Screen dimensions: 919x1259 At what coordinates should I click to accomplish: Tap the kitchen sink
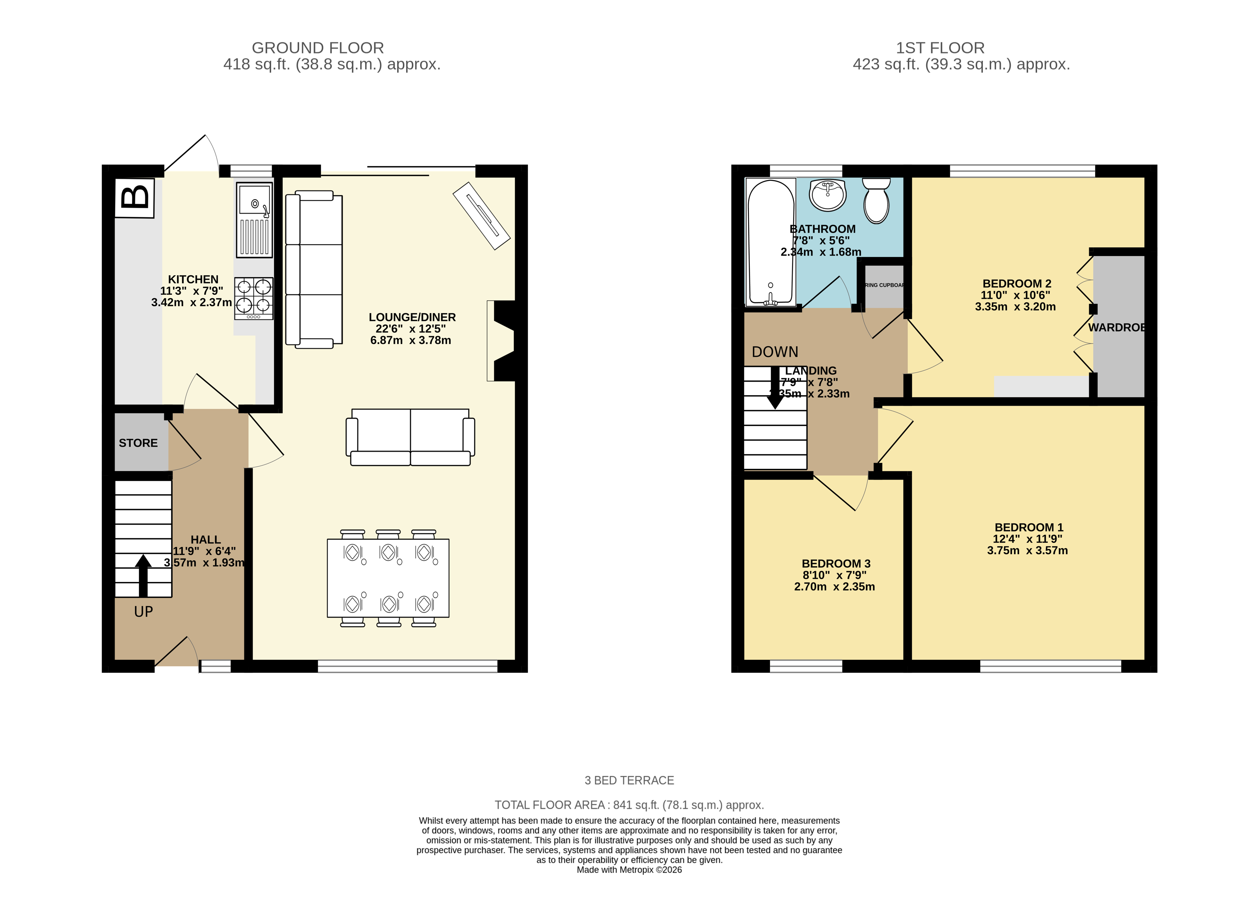pyautogui.click(x=254, y=220)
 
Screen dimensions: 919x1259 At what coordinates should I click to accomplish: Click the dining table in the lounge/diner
pyautogui.click(x=388, y=578)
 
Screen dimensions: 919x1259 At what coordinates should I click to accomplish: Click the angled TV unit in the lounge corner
pyautogui.click(x=481, y=216)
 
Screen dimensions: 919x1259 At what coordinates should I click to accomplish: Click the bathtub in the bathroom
pyautogui.click(x=771, y=242)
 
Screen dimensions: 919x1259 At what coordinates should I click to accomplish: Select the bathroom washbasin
pyautogui.click(x=828, y=195)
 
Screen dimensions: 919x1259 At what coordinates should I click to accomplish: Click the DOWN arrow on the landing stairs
pyautogui.click(x=775, y=389)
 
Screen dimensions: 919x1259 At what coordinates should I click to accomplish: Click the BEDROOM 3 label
pyautogui.click(x=836, y=564)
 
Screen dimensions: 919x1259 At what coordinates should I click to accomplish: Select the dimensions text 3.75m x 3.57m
pyautogui.click(x=1027, y=550)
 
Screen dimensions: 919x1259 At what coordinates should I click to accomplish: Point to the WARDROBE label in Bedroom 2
pyautogui.click(x=1115, y=328)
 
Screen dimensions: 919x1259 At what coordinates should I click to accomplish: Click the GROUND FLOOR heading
pyautogui.click(x=318, y=48)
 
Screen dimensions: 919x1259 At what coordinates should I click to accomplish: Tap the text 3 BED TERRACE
pyautogui.click(x=629, y=780)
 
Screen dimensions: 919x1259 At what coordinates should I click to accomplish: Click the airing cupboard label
pyautogui.click(x=884, y=285)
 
